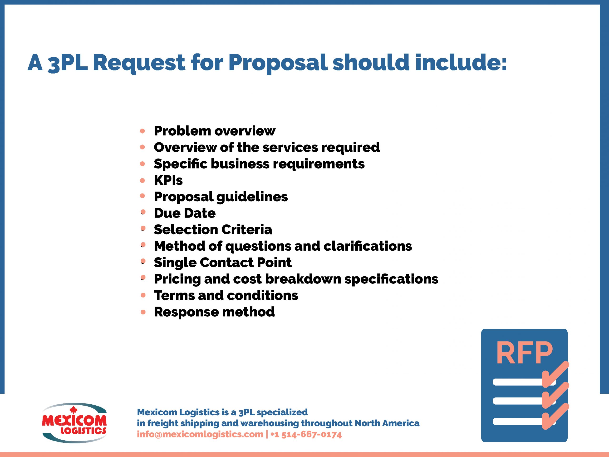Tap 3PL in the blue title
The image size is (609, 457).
pos(68,63)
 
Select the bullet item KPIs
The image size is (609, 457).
pos(168,180)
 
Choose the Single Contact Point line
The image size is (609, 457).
pos(222,263)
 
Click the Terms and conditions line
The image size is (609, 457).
pos(226,296)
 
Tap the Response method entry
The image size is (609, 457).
pos(214,312)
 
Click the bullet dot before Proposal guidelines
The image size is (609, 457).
pos(142,196)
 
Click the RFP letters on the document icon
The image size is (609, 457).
pos(524,353)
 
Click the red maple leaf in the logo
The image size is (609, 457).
pos(73,410)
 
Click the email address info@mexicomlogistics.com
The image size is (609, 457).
pos(200,434)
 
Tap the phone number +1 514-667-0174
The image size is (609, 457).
pos(306,434)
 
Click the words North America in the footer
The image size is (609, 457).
pos(387,423)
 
